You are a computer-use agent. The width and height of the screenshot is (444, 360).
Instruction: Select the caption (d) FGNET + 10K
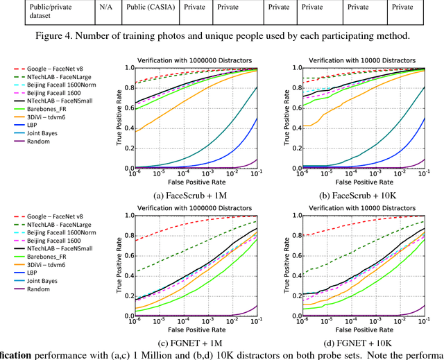(x=357, y=341)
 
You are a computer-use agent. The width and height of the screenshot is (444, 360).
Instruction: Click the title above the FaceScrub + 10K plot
(x=357, y=59)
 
